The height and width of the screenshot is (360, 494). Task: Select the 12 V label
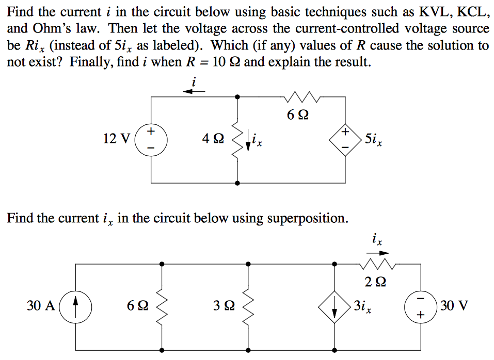point(116,139)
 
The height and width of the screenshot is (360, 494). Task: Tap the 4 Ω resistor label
point(214,139)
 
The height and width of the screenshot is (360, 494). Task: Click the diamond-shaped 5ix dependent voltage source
point(345,139)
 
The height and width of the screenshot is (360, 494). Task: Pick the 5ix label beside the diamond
point(373,139)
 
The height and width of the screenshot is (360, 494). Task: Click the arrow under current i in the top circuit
point(194,91)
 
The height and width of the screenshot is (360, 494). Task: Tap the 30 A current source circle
point(76,306)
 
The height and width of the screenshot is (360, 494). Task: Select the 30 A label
point(41,306)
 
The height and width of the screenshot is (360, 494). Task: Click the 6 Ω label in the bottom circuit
point(137,306)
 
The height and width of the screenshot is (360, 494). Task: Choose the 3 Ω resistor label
point(224,306)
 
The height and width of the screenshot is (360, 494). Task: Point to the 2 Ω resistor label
point(375,282)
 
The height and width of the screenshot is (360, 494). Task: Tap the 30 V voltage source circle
point(420,306)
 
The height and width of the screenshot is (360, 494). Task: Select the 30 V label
point(455,306)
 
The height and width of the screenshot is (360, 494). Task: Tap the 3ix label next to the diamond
point(365,307)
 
